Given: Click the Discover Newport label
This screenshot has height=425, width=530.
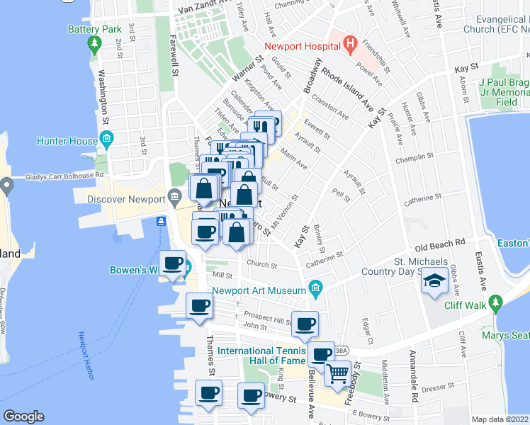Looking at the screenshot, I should pos(126,199).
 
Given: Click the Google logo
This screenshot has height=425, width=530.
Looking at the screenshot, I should pos(23,416).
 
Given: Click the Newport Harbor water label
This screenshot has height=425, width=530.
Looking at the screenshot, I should pos(86,356).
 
